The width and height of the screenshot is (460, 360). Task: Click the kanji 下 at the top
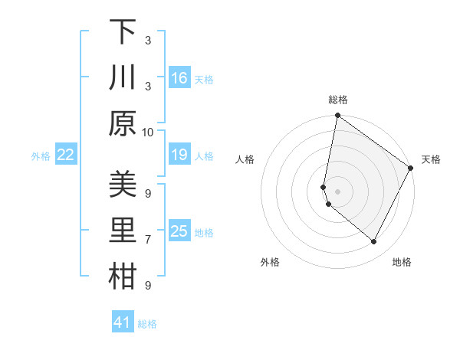click(123, 32)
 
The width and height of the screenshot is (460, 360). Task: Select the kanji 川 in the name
click(123, 78)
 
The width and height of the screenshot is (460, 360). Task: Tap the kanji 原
click(123, 123)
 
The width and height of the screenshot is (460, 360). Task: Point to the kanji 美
click(123, 185)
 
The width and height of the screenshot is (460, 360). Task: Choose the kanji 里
click(123, 231)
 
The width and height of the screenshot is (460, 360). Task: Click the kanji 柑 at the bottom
click(123, 277)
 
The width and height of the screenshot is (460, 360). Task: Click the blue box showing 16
click(179, 78)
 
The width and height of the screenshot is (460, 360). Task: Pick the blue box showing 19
click(179, 155)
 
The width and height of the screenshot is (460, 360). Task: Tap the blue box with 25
click(179, 231)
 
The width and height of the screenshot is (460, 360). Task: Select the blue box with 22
click(66, 155)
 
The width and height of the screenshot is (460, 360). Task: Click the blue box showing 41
click(123, 322)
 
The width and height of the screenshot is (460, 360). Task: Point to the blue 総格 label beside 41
click(147, 324)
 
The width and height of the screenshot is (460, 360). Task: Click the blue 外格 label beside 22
click(41, 156)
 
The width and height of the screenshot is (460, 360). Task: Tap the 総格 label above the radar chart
click(338, 100)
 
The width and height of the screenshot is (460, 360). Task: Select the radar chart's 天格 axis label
click(431, 159)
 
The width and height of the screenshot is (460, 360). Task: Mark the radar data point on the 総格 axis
click(338, 116)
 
